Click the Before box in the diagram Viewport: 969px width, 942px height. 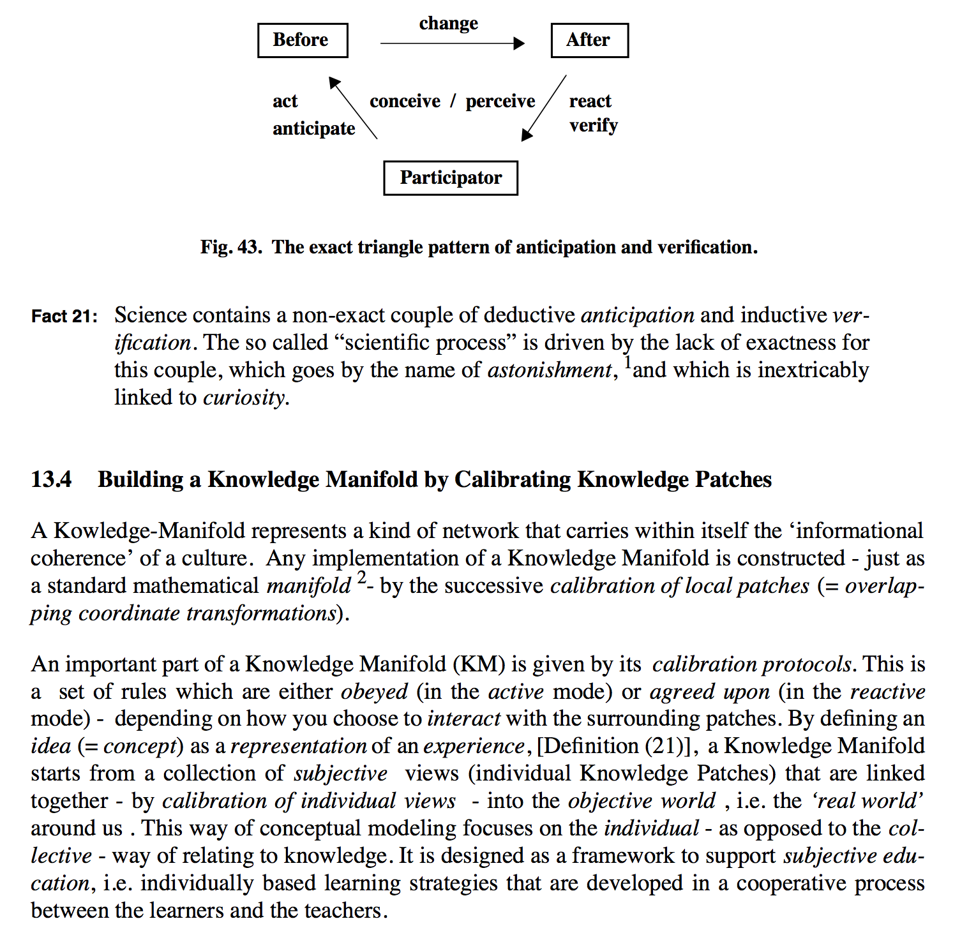tap(303, 40)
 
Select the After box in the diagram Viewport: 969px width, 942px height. tap(589, 40)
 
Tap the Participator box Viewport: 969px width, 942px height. tap(451, 178)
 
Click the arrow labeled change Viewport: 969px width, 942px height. tap(452, 43)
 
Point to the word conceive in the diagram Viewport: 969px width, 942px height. tap(405, 101)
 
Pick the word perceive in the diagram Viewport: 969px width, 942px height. tap(500, 101)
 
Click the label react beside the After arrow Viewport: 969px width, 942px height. tap(590, 101)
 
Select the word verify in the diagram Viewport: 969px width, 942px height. tap(594, 126)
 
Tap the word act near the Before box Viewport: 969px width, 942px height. tap(285, 101)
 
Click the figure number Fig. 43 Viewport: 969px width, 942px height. tap(230, 248)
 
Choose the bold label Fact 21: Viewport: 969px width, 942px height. tap(64, 317)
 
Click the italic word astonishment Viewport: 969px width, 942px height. tap(549, 371)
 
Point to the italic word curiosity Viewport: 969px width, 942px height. tap(244, 398)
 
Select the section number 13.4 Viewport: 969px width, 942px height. tap(51, 480)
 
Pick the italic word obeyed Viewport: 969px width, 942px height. tap(374, 692)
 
